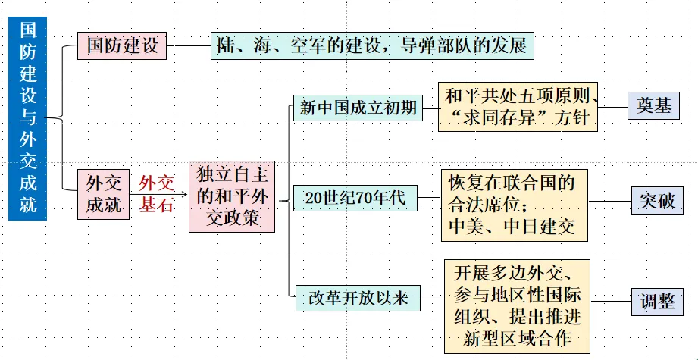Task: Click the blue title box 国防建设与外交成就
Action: tap(27, 118)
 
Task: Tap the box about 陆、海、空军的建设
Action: tap(372, 45)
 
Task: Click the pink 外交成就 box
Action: tap(104, 194)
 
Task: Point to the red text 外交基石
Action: tap(156, 193)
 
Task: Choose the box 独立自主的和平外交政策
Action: tap(232, 196)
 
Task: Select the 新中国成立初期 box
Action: tap(358, 108)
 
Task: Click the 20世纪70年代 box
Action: tap(355, 199)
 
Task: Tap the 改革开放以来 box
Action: tap(358, 298)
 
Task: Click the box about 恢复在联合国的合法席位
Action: tap(514, 205)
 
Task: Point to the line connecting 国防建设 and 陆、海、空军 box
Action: tap(188, 45)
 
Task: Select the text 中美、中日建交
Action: tap(512, 225)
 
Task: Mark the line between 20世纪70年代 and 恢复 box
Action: tap(430, 199)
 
